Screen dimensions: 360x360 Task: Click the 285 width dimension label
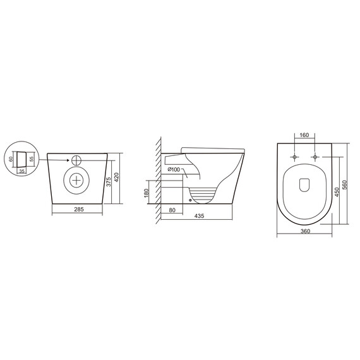(x=79, y=210)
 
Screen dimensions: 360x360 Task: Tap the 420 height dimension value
(x=117, y=177)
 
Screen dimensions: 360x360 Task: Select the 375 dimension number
(x=109, y=181)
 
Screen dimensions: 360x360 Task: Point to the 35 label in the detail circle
(x=22, y=171)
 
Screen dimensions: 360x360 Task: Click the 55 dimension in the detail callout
(x=32, y=159)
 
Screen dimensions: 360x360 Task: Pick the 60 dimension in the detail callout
(x=11, y=159)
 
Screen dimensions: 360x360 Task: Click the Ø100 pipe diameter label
(x=174, y=170)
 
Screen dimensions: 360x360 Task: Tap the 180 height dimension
(x=147, y=193)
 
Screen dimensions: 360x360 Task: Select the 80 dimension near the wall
(x=172, y=210)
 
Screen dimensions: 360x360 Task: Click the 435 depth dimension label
(x=199, y=216)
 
